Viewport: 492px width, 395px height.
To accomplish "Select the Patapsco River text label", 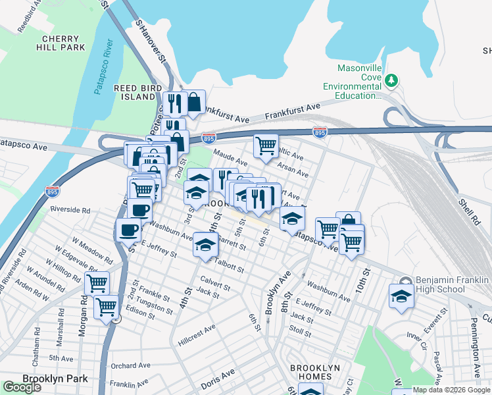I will tap(104, 68).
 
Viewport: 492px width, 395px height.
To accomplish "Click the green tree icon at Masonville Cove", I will tap(392, 80).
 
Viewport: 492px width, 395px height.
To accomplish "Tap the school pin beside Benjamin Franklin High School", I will tap(401, 295).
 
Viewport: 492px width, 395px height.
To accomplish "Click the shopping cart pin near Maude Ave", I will tap(266, 145).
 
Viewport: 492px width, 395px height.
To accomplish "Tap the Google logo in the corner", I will tap(22, 387).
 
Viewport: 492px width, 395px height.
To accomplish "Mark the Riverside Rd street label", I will tap(69, 210).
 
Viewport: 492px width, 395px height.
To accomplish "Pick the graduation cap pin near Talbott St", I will tap(205, 245).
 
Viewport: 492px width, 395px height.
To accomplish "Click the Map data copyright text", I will tap(451, 390).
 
